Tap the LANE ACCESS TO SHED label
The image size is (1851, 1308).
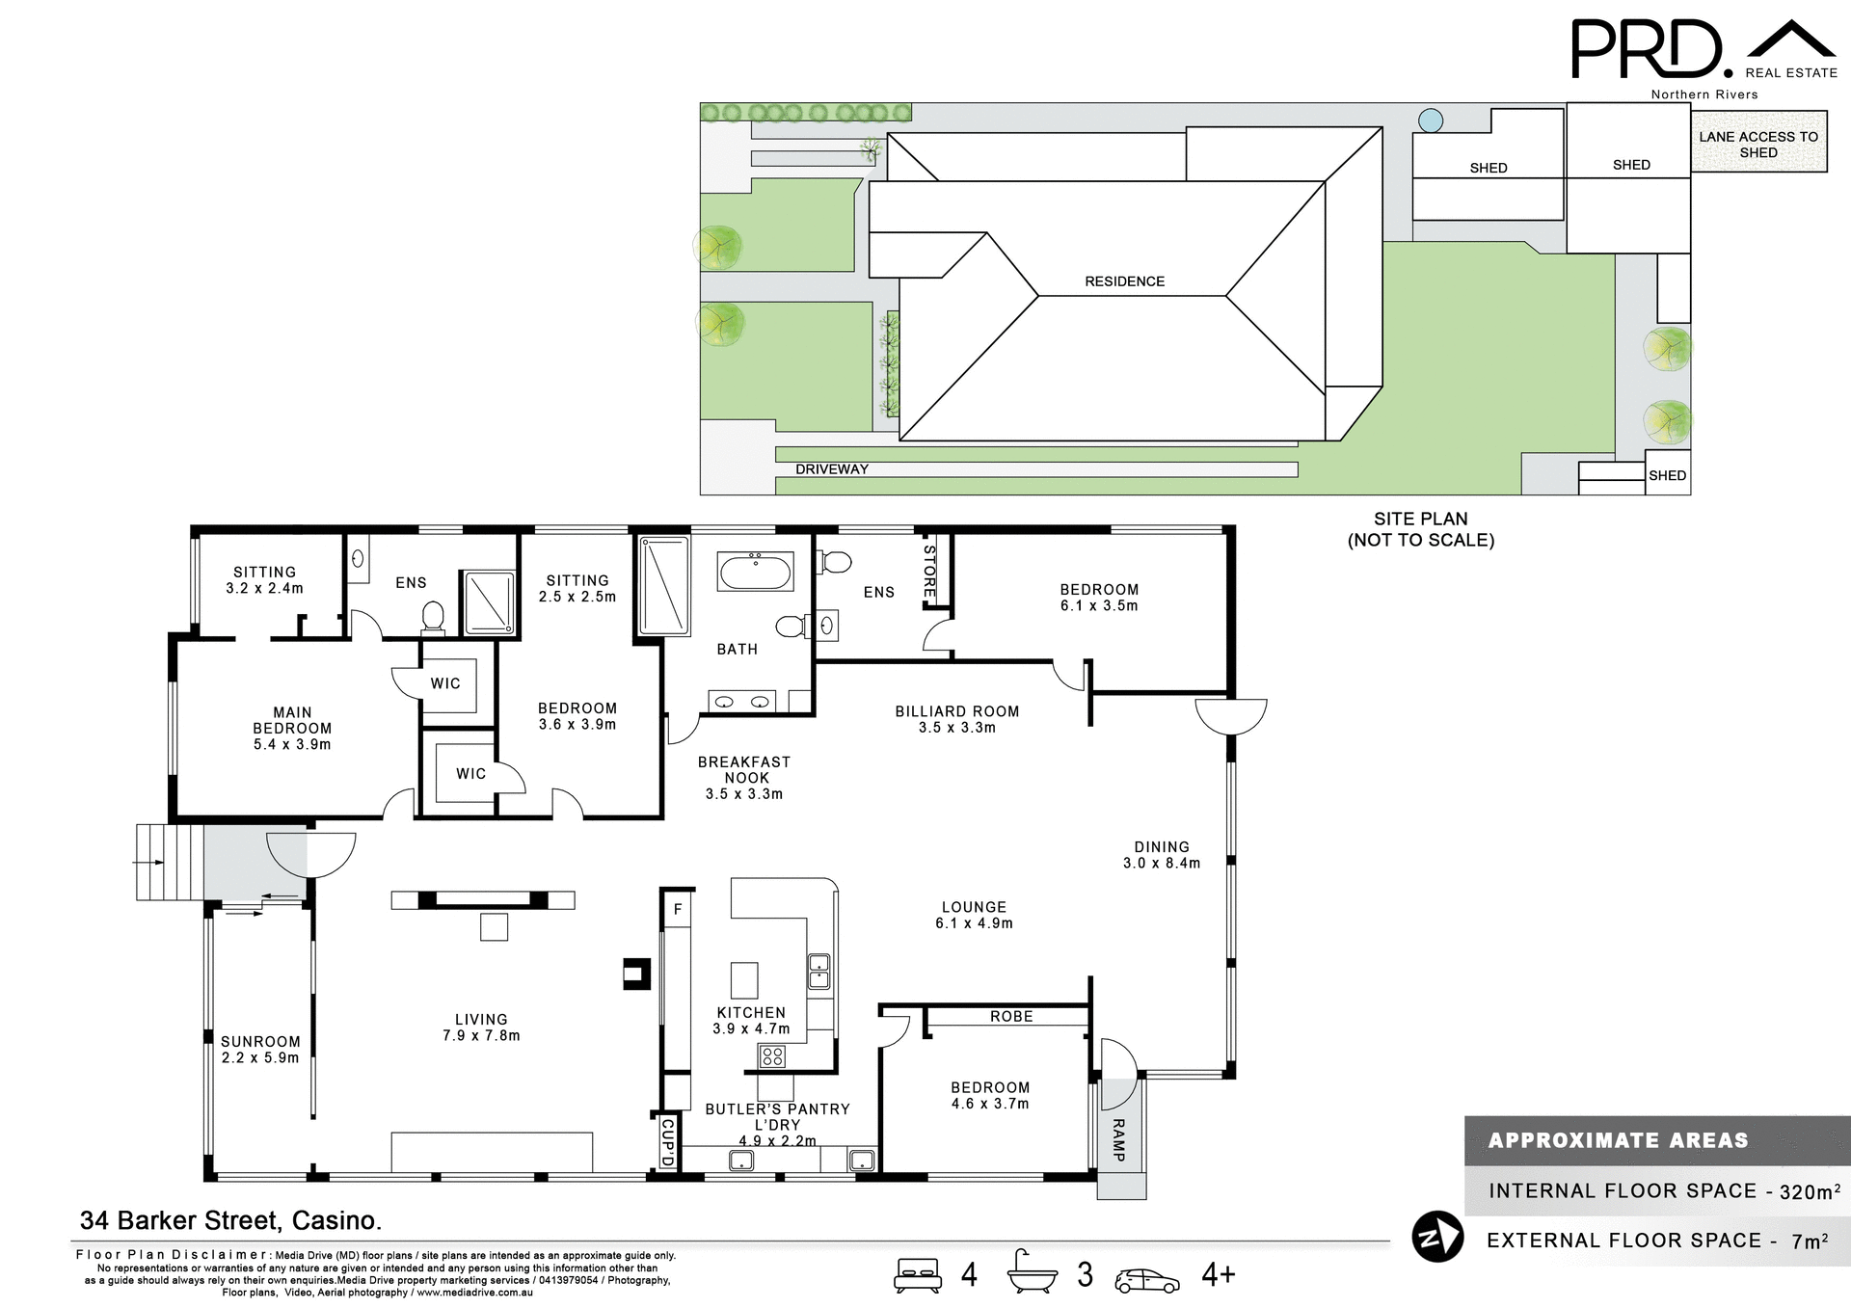tap(1757, 145)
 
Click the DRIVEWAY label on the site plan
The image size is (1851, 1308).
tap(831, 469)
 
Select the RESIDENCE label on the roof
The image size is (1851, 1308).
tap(1124, 281)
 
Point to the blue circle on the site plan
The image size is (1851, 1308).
tap(1431, 120)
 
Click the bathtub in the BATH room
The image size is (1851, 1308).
tap(755, 572)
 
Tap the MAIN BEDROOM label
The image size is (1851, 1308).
tap(292, 728)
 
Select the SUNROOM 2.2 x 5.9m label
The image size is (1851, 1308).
tap(260, 1049)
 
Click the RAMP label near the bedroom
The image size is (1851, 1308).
tap(1118, 1140)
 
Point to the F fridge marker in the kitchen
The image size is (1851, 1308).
tap(678, 909)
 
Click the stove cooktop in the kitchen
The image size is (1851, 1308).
tap(772, 1057)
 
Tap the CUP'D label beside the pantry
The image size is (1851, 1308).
tap(667, 1142)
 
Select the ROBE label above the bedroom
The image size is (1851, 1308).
tap(1010, 1016)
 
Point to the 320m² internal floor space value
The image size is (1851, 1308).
tap(1810, 1191)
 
